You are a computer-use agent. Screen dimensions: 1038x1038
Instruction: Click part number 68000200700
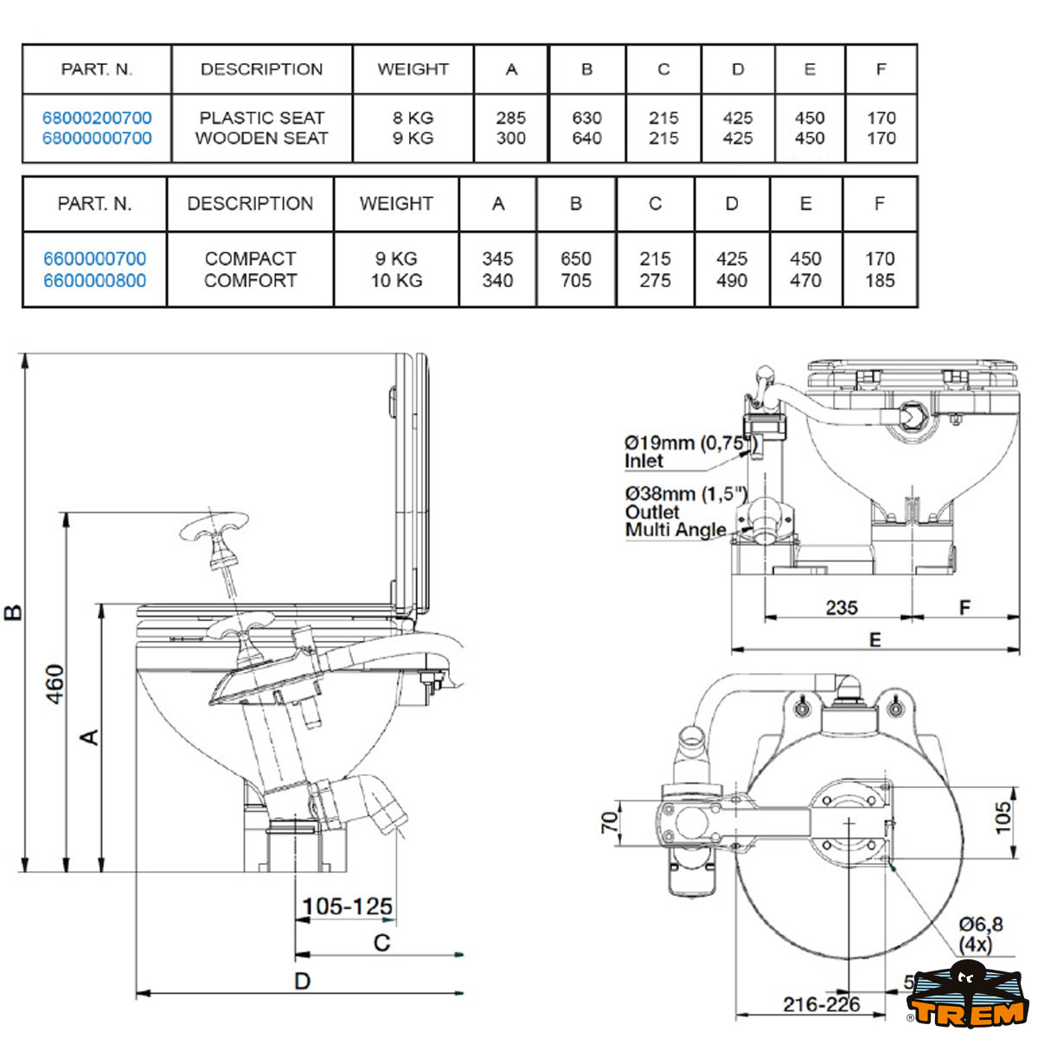coord(97,118)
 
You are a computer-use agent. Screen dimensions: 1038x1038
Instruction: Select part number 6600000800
coord(95,280)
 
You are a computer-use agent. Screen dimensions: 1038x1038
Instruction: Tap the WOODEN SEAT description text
coord(261,138)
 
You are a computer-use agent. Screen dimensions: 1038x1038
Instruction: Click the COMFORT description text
coord(250,280)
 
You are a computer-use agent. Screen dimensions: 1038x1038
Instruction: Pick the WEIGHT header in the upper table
coord(413,69)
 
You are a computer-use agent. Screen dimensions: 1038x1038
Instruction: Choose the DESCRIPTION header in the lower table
coord(250,204)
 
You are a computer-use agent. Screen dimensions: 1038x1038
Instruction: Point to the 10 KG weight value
coord(396,280)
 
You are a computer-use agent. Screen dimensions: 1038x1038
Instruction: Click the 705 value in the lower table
coord(575,280)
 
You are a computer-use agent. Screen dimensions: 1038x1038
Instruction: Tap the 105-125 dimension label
coord(347,907)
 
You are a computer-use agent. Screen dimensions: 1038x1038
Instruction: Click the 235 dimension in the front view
coord(841,607)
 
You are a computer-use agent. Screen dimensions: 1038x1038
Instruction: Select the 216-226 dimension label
coord(822,1004)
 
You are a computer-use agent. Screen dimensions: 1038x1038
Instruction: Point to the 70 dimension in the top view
coord(610,822)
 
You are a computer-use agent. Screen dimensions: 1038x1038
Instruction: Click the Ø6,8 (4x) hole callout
coord(980,935)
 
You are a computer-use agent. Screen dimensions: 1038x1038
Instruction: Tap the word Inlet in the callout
coord(644,461)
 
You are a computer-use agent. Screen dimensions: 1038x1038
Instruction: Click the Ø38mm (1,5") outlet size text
coord(685,494)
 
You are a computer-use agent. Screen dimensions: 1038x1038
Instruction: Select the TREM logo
coord(966,1002)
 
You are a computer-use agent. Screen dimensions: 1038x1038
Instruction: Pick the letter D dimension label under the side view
coord(302,981)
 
